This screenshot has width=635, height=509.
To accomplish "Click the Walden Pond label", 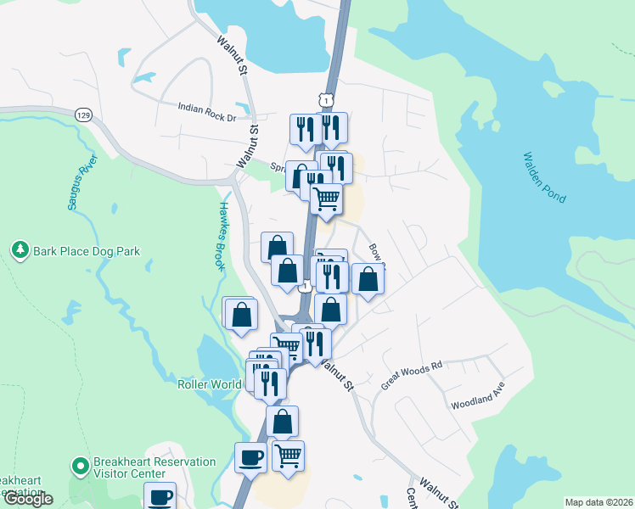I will pyautogui.click(x=543, y=177).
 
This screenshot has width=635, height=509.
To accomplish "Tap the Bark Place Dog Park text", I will pyautogui.click(x=87, y=251).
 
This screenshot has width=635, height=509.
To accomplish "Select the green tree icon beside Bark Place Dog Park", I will pyautogui.click(x=20, y=250).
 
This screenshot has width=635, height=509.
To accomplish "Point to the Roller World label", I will pyautogui.click(x=210, y=384).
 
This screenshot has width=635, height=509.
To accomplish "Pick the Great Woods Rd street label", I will pyautogui.click(x=413, y=374).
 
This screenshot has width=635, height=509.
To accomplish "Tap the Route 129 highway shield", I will pyautogui.click(x=82, y=115).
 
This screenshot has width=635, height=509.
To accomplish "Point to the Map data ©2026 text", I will pyautogui.click(x=598, y=502).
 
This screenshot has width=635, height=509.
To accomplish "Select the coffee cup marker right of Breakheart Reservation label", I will pyautogui.click(x=250, y=458).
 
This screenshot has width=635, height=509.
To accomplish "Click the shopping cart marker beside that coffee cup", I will pyautogui.click(x=288, y=456).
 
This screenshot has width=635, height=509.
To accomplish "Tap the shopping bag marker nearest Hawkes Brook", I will pyautogui.click(x=242, y=314).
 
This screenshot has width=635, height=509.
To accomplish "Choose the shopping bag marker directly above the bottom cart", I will pyautogui.click(x=282, y=421).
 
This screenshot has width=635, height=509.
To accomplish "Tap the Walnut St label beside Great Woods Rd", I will pyautogui.click(x=337, y=372).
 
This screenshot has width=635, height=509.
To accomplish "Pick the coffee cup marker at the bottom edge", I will pyautogui.click(x=160, y=496).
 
